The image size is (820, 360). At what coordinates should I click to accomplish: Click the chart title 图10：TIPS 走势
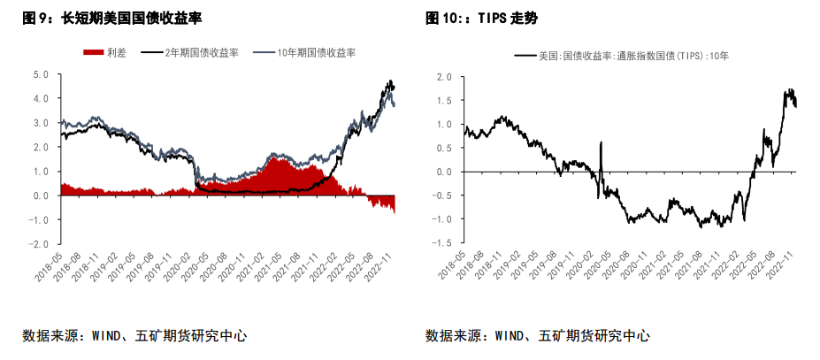(x=481, y=18)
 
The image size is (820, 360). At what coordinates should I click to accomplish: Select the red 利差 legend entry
(x=106, y=53)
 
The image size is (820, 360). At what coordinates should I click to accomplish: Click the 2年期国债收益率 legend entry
(x=187, y=53)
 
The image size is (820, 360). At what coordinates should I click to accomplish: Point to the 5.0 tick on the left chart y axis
(x=40, y=74)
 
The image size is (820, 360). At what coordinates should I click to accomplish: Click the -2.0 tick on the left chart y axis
(x=38, y=244)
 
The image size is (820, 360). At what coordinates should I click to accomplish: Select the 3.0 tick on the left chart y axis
(x=40, y=123)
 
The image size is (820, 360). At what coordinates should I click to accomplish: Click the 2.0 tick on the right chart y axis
(x=444, y=77)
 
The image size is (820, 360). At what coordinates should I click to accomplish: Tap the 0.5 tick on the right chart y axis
(x=444, y=148)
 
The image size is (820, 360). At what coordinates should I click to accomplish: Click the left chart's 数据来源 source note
(x=134, y=336)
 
